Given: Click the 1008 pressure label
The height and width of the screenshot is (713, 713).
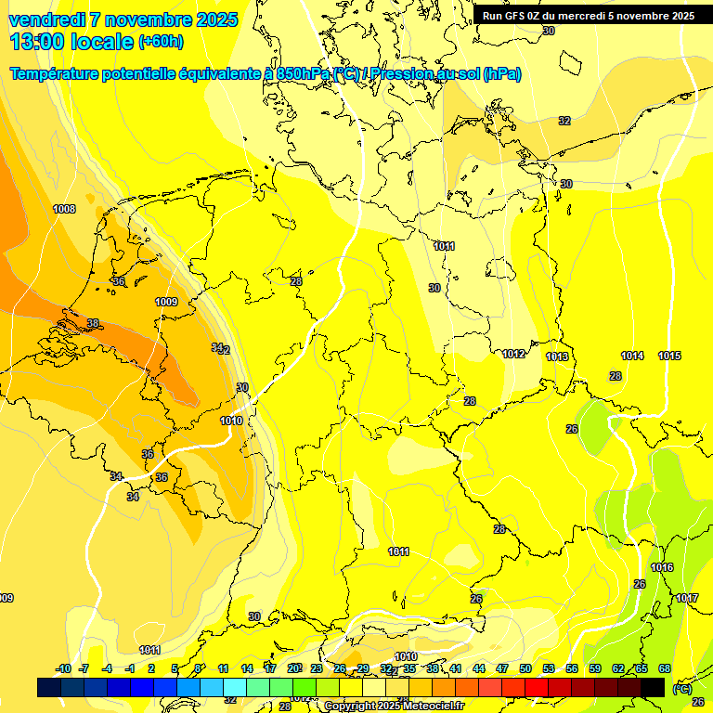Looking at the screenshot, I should point(64,209).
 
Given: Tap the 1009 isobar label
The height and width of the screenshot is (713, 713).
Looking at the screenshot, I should point(166,302).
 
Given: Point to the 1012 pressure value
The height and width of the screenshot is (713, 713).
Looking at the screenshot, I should point(514,354).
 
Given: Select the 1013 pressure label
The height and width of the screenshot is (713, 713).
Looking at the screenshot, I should point(557,356).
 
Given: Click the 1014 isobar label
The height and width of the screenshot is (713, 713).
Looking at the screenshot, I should point(632,356).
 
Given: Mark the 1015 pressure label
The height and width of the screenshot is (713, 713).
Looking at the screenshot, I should point(669,356).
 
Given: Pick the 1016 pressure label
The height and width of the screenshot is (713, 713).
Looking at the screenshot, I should point(662,567).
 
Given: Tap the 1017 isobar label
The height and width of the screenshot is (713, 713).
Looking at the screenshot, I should point(687,598).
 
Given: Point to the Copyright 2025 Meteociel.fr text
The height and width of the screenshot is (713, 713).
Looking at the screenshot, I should point(394,706).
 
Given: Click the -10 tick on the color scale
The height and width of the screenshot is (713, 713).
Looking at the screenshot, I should point(63,668).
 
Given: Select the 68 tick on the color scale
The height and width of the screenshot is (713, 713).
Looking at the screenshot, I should point(665,668).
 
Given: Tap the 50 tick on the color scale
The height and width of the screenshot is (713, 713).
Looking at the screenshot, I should point(525,668).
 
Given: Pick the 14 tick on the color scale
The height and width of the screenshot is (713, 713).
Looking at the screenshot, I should point(247,668).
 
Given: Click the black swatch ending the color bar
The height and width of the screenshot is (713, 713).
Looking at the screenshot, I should point(653,687).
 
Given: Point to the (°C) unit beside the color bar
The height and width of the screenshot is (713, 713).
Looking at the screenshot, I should point(681,688).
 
